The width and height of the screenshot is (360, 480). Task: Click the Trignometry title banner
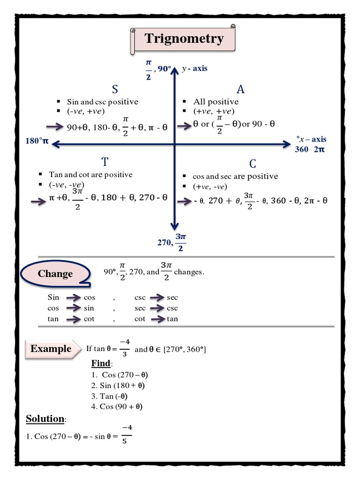tap(184, 39)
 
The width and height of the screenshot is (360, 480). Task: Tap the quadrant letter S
tap(115, 90)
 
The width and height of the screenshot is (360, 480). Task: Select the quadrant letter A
tap(240, 90)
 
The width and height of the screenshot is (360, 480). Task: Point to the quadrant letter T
tap(105, 162)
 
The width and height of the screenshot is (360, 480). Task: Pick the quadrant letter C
tap(253, 164)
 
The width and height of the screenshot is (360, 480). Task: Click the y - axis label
tap(195, 68)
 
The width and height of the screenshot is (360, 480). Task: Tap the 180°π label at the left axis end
tap(37, 141)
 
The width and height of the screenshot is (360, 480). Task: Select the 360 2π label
tap(310, 150)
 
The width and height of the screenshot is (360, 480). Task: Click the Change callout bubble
tap(55, 274)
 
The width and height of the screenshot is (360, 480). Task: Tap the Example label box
tap(51, 349)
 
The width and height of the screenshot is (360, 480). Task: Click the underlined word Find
tap(101, 364)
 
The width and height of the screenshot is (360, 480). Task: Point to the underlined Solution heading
tap(45, 419)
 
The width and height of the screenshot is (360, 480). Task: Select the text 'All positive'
tap(216, 102)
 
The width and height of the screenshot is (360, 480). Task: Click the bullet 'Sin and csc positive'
tap(102, 102)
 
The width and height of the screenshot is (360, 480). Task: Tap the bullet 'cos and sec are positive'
tap(235, 176)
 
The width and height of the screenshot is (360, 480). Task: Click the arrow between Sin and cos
tap(73, 298)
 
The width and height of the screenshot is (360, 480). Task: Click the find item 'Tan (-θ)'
tap(112, 397)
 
